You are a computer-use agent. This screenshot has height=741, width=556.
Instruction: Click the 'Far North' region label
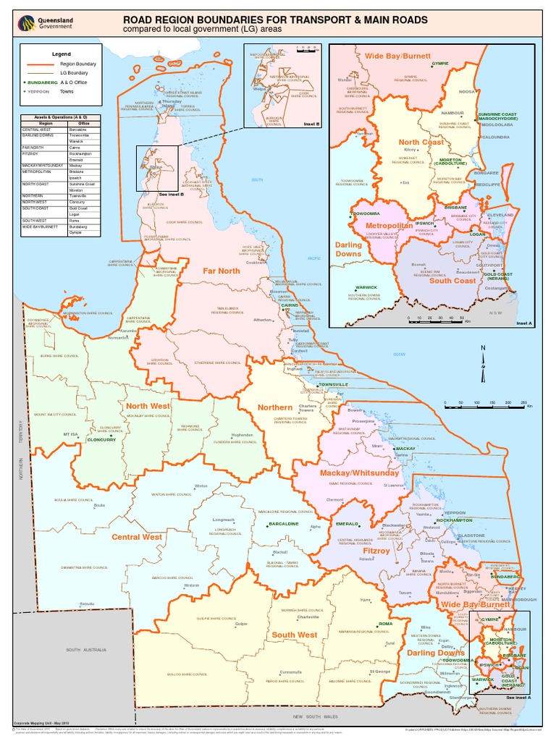click(221, 271)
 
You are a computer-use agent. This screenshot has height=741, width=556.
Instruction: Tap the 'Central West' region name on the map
click(137, 537)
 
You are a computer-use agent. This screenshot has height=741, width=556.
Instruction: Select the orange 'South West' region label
click(294, 635)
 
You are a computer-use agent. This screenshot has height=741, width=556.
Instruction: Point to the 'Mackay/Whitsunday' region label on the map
click(350, 473)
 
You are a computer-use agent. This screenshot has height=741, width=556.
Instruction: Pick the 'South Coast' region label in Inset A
click(453, 280)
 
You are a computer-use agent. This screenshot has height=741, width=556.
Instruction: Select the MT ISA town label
click(70, 434)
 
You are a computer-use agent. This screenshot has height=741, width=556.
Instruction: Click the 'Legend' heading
click(62, 54)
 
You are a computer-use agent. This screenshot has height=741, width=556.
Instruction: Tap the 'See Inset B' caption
click(172, 195)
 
